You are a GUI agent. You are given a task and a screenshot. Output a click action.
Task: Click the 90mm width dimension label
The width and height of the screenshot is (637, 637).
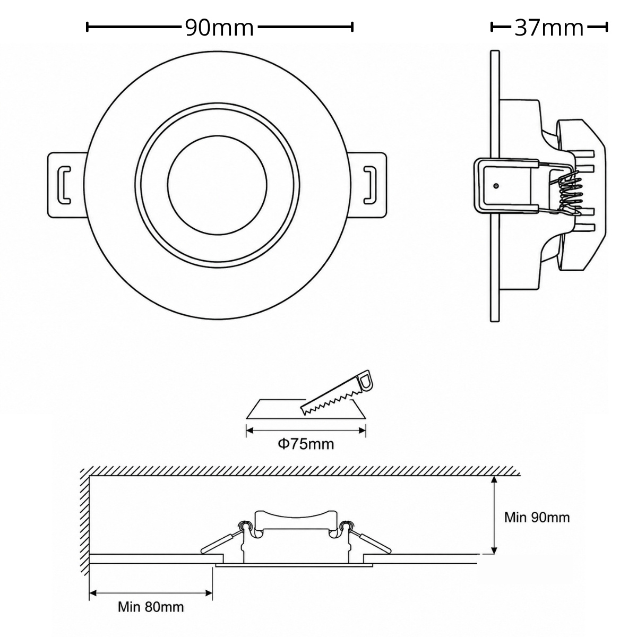coord(219,28)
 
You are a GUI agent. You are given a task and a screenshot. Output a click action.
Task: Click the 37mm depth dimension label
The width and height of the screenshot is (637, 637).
coord(549,28)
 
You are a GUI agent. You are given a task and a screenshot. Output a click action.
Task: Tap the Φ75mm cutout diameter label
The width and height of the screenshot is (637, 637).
coord(306,444)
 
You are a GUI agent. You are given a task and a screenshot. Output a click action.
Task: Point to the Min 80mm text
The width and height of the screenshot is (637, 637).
coord(151,616)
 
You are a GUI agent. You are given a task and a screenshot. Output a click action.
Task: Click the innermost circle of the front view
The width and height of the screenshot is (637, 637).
coord(217,185)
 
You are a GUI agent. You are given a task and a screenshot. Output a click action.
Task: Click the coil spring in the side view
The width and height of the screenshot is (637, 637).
coord(569,194)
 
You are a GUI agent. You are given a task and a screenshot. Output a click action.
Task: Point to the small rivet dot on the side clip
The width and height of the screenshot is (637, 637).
coord(495,186)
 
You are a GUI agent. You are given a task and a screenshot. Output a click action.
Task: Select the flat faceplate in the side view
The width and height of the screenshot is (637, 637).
coord(495,186)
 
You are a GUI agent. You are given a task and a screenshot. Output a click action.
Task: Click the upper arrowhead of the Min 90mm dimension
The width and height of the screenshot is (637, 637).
coord(494,481)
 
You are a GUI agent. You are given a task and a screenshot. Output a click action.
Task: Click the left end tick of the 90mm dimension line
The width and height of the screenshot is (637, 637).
coord(87,27)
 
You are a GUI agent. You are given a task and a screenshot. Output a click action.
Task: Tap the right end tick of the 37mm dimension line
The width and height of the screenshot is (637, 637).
coord(607,27)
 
